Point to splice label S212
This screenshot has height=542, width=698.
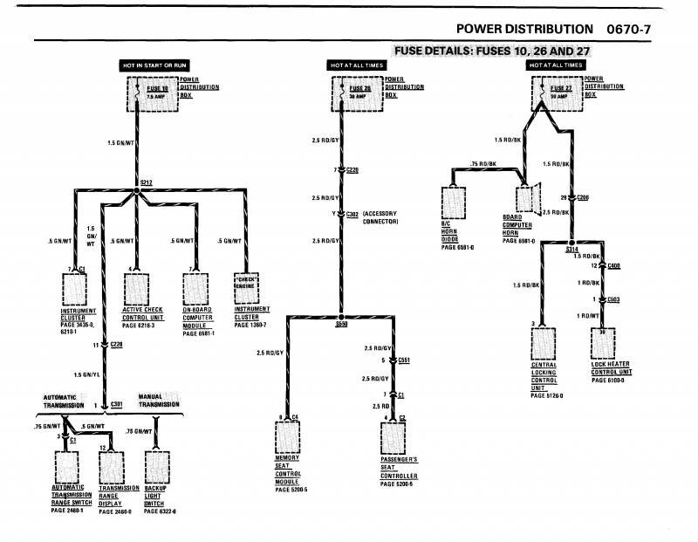click(x=146, y=182)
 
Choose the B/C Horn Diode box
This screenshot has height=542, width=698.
click(x=455, y=202)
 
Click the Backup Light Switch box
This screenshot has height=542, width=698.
click(x=157, y=471)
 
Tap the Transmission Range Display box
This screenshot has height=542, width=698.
click(x=114, y=471)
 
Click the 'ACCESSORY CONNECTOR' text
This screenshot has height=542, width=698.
click(x=380, y=217)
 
